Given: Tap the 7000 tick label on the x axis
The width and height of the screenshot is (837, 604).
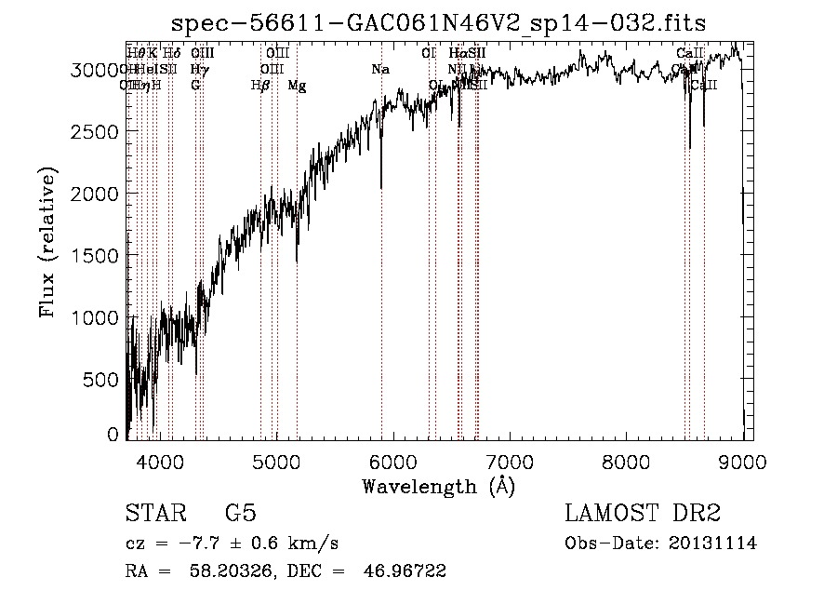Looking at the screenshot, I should tap(510, 460).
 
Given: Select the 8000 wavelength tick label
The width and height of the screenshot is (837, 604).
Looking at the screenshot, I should tap(626, 460).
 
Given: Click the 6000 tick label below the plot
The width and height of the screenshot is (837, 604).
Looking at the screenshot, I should tap(393, 460).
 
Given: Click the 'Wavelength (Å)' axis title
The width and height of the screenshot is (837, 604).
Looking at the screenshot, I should tap(438, 486).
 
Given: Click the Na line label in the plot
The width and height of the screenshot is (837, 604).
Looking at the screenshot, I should tap(380, 70).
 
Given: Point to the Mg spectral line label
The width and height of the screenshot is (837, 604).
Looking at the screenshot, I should tap(297, 86).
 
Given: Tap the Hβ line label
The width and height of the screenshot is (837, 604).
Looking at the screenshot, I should tap(260, 86).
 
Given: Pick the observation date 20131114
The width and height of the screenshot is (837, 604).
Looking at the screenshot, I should tap(712, 544).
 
